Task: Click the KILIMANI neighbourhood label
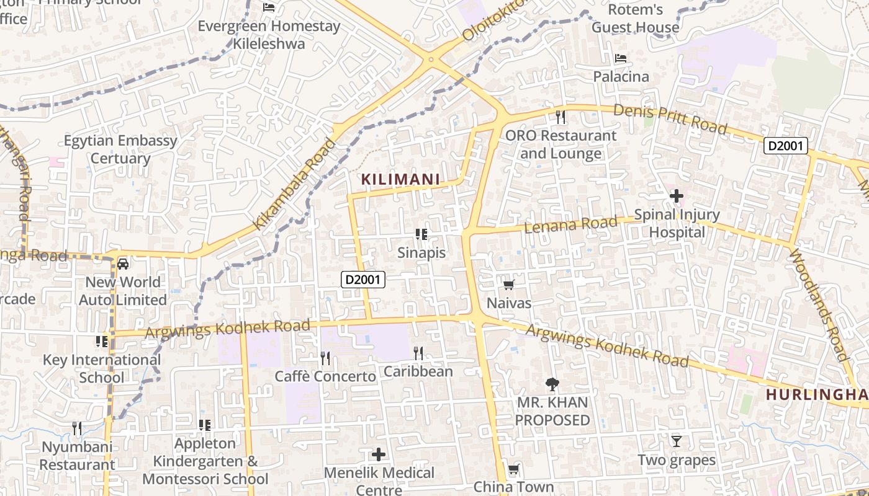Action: tap(400, 180)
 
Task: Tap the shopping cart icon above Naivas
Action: tap(509, 285)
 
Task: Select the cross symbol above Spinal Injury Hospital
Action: tap(677, 197)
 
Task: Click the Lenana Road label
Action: tap(571, 224)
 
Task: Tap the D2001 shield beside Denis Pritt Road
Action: tap(785, 146)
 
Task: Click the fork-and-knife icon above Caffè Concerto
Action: tap(325, 358)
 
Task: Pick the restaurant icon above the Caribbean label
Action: tap(418, 353)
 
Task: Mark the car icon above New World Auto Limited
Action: tap(123, 264)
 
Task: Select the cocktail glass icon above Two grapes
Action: tap(677, 441)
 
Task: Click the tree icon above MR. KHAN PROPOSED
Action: tap(552, 384)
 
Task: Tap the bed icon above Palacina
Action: tap(621, 59)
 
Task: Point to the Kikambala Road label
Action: tap(295, 184)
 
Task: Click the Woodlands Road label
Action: tap(818, 305)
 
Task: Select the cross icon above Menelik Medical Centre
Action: tap(379, 455)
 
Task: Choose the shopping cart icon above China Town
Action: tap(513, 469)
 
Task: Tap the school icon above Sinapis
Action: tap(421, 234)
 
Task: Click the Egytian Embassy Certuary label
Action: tap(121, 149)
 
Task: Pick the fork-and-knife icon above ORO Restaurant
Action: tap(561, 117)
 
